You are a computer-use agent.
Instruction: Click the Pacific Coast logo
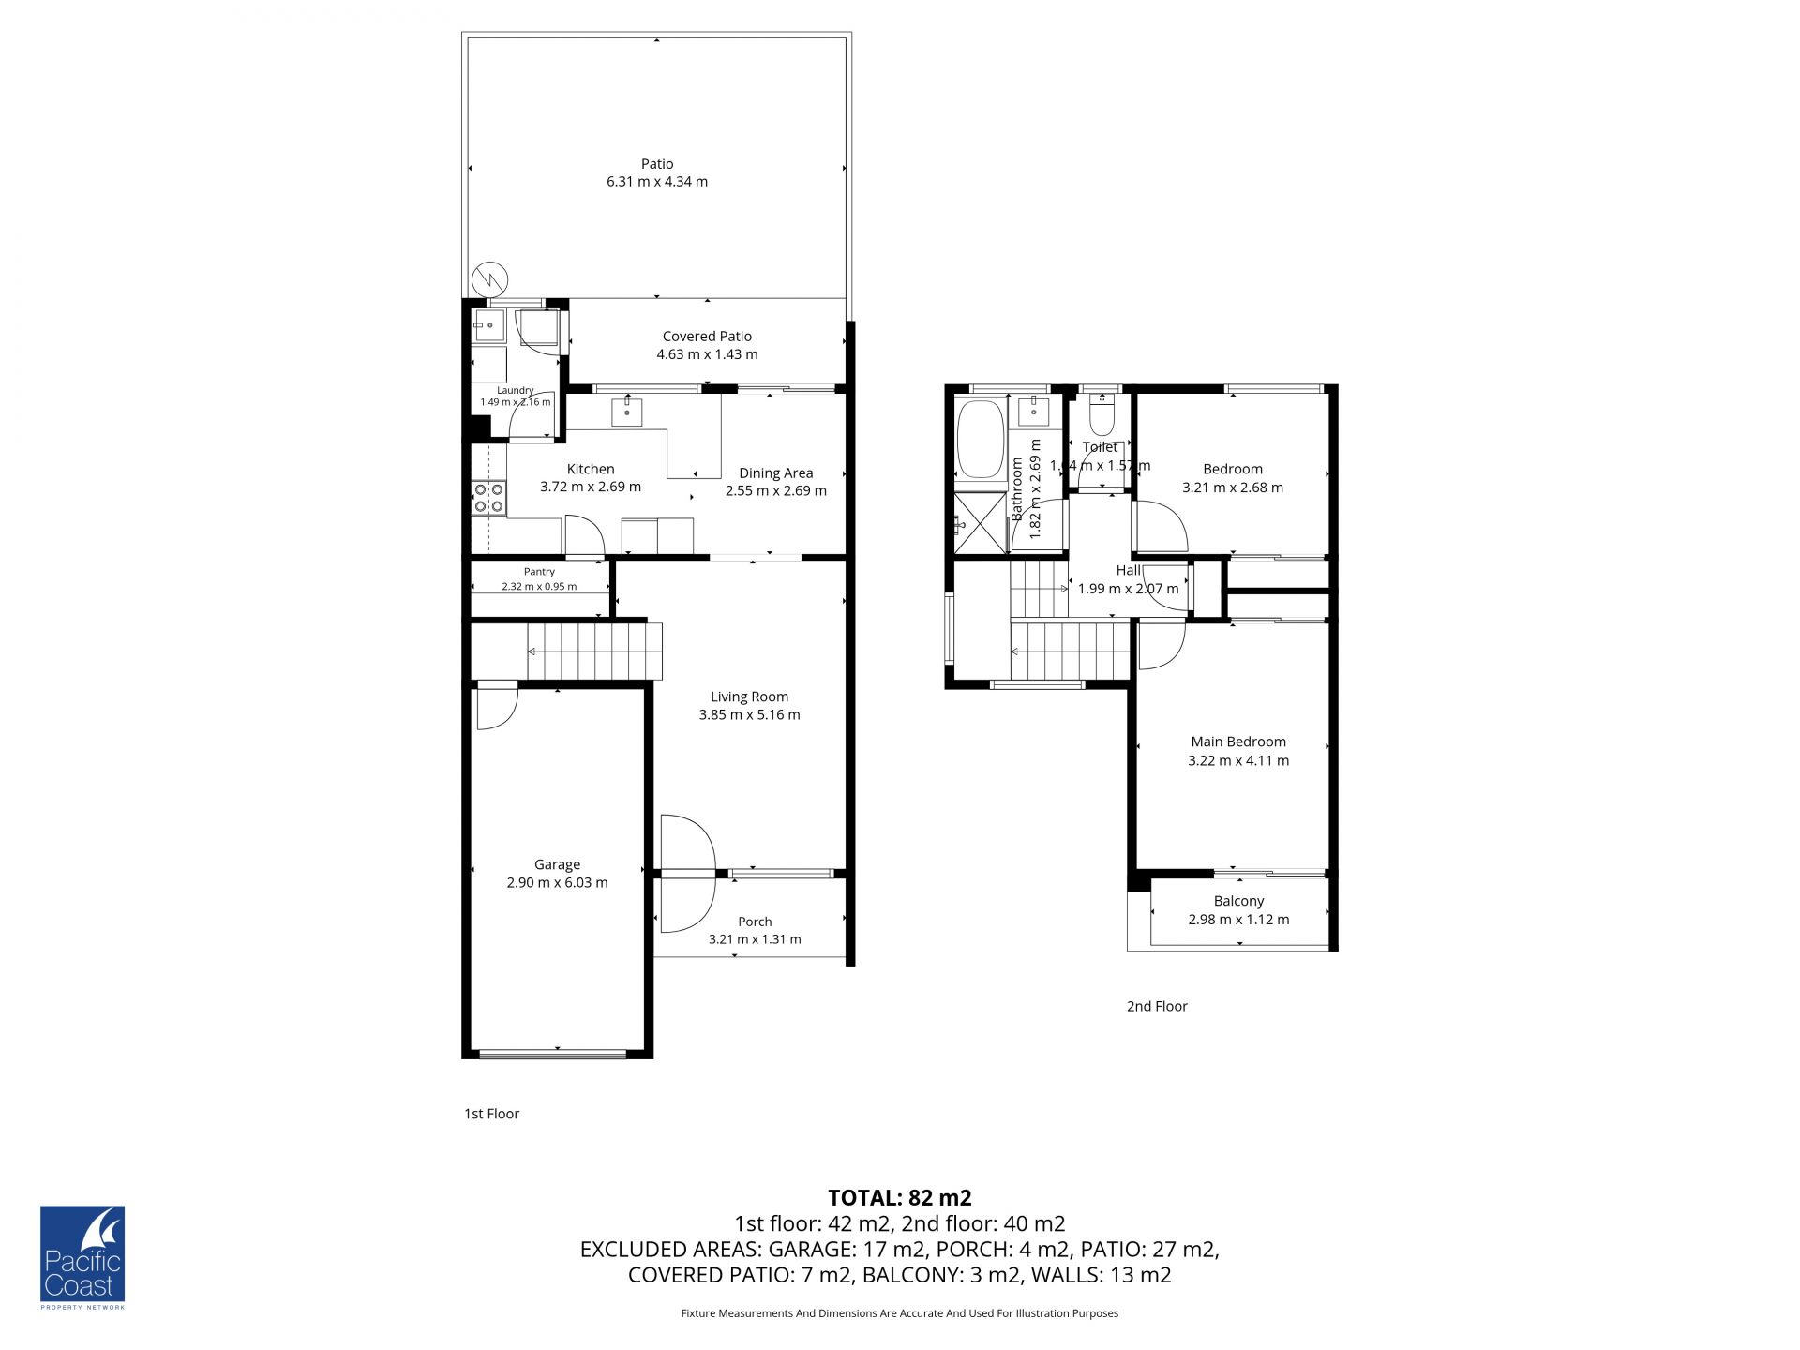coord(82,1257)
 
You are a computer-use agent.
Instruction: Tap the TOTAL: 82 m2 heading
coord(900,1197)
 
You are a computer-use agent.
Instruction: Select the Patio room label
coord(657,164)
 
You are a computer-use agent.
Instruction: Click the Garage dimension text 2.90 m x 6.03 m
coord(557,882)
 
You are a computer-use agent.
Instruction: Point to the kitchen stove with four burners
coord(488,498)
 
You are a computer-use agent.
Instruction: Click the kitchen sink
coord(627,412)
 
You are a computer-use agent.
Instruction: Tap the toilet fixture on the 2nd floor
coord(1102,413)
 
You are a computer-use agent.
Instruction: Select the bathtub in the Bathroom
coord(981,441)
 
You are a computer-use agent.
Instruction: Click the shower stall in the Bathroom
coord(980,522)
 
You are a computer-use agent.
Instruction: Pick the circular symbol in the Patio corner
coord(489,277)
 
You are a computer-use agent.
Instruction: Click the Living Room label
coord(749,697)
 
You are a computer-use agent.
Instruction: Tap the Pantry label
coord(539,572)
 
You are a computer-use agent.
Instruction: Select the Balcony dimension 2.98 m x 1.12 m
coord(1238,920)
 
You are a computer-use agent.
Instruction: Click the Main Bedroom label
coord(1238,742)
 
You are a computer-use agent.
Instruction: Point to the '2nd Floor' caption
coord(1157,1006)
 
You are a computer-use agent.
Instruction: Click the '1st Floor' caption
coord(491,1114)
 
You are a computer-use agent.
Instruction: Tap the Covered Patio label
coord(707,336)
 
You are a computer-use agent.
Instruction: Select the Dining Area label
coord(775,473)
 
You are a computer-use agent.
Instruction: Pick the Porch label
coord(755,922)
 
